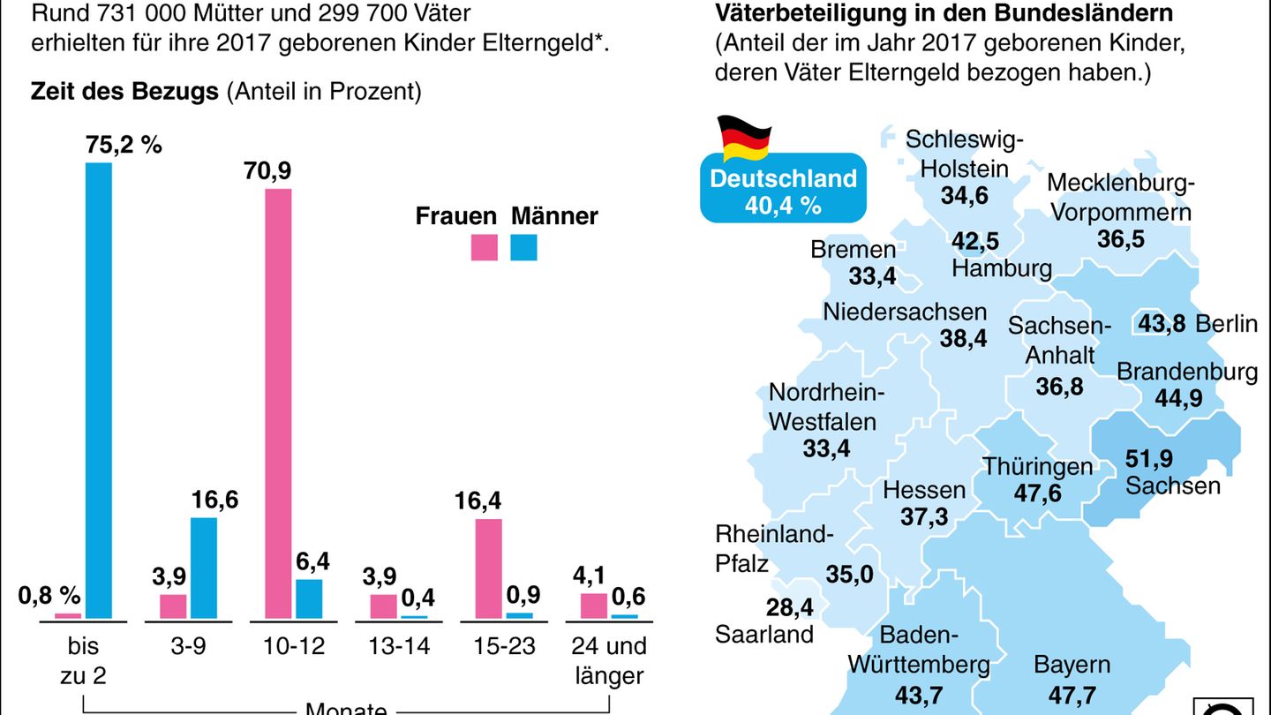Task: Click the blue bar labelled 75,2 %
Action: coord(99,390)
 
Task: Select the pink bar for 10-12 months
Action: coord(278,403)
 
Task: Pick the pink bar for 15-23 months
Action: coord(488,568)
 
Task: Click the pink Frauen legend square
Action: coord(485,247)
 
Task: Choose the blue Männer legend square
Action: coord(523,247)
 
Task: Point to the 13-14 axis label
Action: coord(400,646)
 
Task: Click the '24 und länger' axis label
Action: coord(608,661)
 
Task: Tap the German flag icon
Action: coord(743,138)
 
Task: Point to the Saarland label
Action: coord(764,633)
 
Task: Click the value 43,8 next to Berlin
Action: coord(1162,323)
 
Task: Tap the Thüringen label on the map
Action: coord(1038,466)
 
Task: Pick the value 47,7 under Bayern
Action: coord(1072,694)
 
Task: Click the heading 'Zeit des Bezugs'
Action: coord(124,92)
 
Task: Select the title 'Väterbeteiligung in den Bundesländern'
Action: coord(944,14)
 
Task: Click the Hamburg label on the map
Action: coord(1002,268)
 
